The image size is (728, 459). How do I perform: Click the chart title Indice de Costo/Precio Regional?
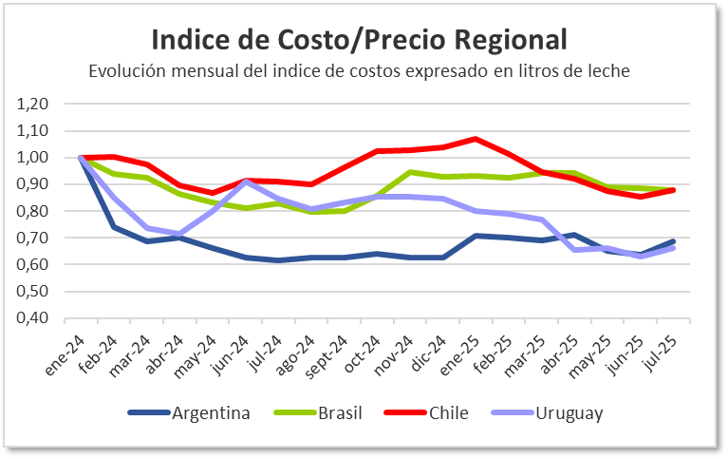tap(360, 40)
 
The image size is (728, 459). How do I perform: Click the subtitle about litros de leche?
tap(360, 71)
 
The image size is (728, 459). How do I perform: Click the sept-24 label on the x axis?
tap(327, 356)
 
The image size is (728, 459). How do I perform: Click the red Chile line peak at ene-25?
tap(476, 139)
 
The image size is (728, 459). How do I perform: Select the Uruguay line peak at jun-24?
tap(246, 181)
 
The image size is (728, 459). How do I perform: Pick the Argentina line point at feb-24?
tap(114, 227)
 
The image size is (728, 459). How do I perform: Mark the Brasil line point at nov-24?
tap(410, 172)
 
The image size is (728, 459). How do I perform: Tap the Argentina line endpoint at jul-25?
tap(673, 241)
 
